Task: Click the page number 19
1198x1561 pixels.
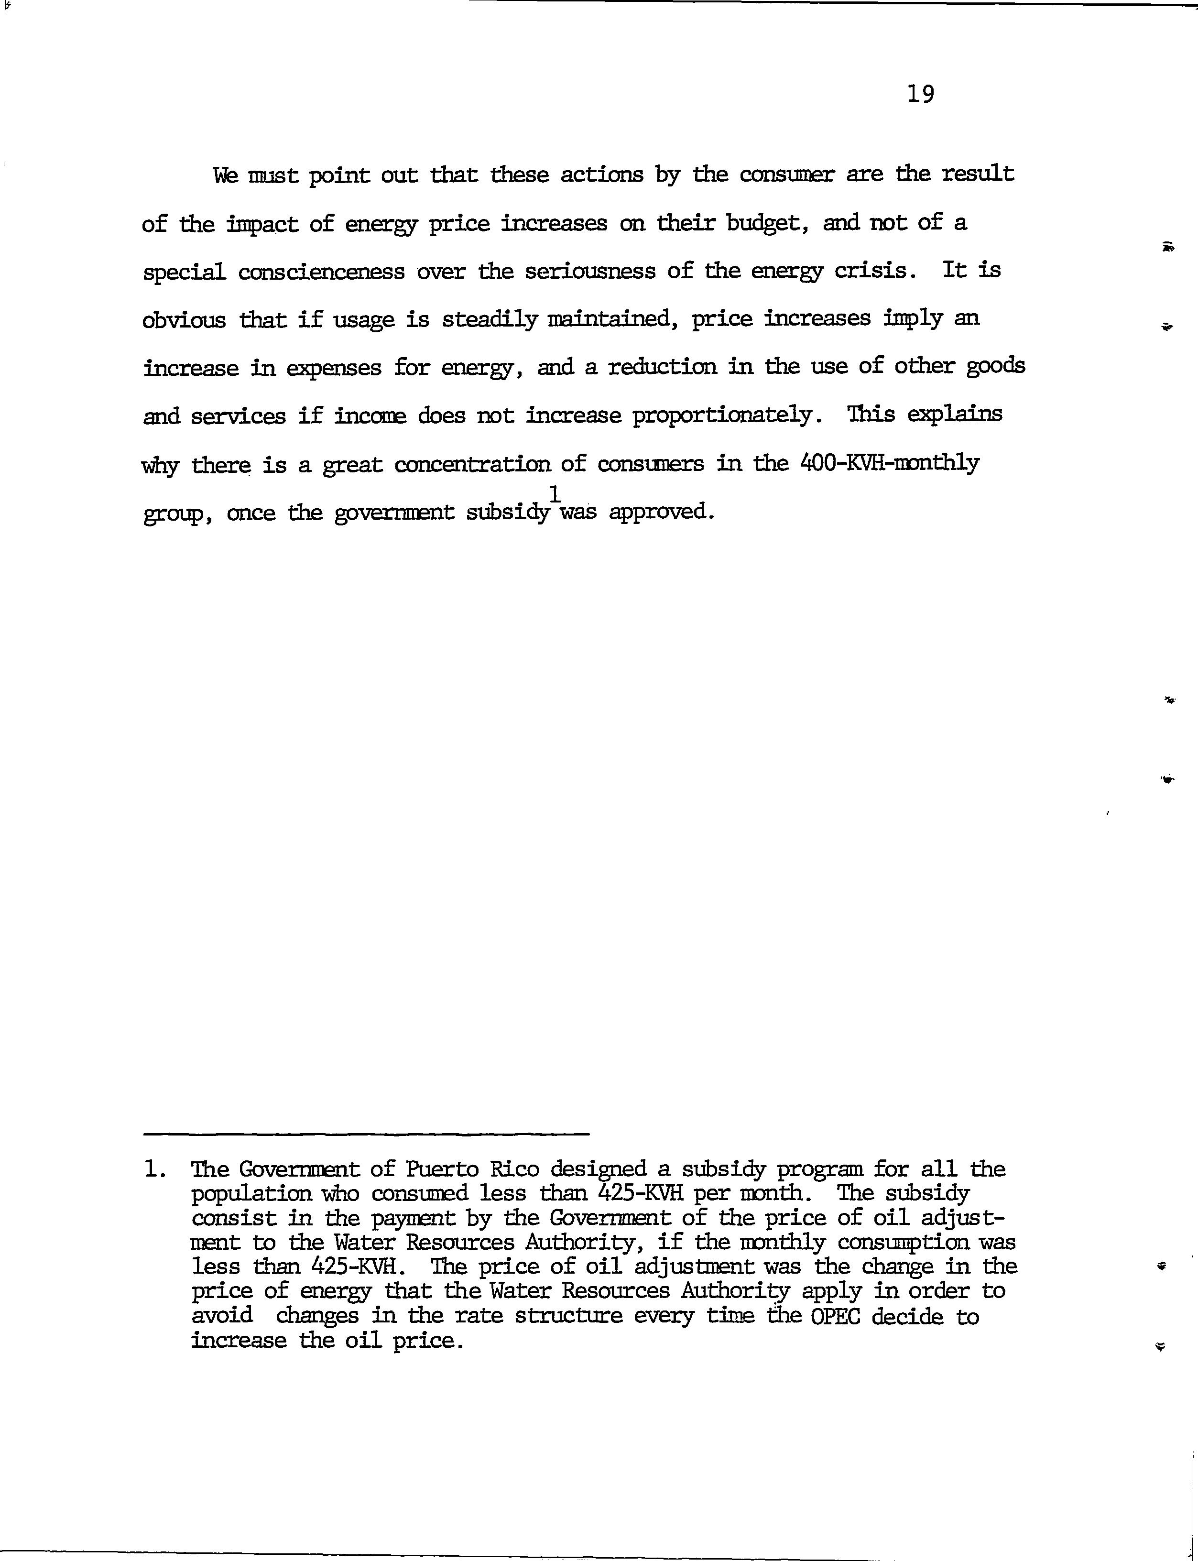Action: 921,93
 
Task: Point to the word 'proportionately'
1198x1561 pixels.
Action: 724,416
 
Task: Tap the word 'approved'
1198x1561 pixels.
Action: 660,513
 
